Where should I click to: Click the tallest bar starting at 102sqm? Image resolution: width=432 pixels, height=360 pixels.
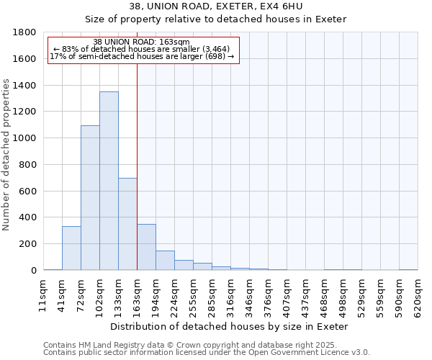(x=109, y=181)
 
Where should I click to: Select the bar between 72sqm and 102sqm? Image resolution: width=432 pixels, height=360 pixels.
(x=90, y=198)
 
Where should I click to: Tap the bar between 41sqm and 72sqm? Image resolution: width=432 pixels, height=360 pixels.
(x=71, y=248)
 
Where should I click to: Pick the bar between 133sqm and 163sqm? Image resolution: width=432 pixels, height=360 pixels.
(x=127, y=224)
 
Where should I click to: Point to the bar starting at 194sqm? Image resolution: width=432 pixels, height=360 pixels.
(x=165, y=261)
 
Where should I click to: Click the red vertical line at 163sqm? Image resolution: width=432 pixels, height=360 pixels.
(x=137, y=166)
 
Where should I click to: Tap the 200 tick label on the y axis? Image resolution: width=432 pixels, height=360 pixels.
(x=28, y=244)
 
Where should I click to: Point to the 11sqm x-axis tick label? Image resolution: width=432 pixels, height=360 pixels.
(x=43, y=295)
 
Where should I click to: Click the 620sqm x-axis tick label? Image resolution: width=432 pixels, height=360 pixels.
(x=418, y=295)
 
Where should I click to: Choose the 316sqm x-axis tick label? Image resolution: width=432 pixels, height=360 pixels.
(x=230, y=295)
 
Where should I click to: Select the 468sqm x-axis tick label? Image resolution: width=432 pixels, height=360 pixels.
(x=324, y=295)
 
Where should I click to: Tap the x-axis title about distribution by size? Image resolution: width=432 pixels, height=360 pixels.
(x=230, y=326)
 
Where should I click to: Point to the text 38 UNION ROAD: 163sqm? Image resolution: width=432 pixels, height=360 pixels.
(x=142, y=42)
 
